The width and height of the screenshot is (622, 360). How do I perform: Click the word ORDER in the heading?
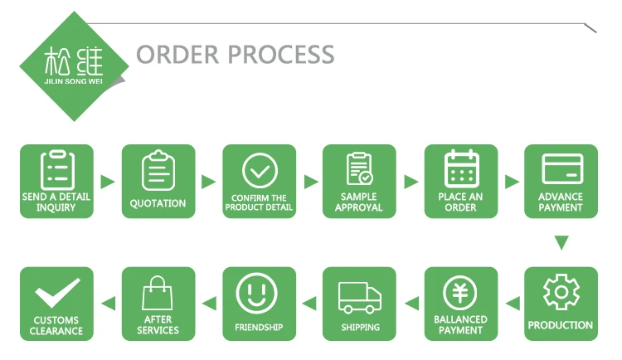click(x=177, y=55)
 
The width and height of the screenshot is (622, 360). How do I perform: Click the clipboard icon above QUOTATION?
click(x=158, y=171)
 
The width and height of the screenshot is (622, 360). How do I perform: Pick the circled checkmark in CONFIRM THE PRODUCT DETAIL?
click(x=259, y=170)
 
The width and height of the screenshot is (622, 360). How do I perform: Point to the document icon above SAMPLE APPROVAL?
click(x=359, y=169)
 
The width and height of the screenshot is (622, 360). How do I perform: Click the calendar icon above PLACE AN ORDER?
click(x=461, y=168)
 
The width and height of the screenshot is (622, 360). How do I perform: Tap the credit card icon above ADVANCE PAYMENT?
click(x=561, y=168)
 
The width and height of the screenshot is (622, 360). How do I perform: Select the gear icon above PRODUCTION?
click(x=561, y=293)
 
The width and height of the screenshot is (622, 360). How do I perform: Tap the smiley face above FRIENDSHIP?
click(x=258, y=293)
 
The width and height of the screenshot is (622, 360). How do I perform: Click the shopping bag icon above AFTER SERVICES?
click(x=158, y=293)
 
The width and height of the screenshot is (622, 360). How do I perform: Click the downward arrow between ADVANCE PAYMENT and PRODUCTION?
click(x=561, y=243)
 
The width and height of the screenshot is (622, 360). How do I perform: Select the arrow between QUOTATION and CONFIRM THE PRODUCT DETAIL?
click(x=209, y=182)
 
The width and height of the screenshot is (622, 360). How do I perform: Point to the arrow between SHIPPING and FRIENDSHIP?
click(x=309, y=304)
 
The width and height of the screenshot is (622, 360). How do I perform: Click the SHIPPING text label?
click(x=360, y=328)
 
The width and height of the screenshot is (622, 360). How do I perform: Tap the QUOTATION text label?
click(x=158, y=203)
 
